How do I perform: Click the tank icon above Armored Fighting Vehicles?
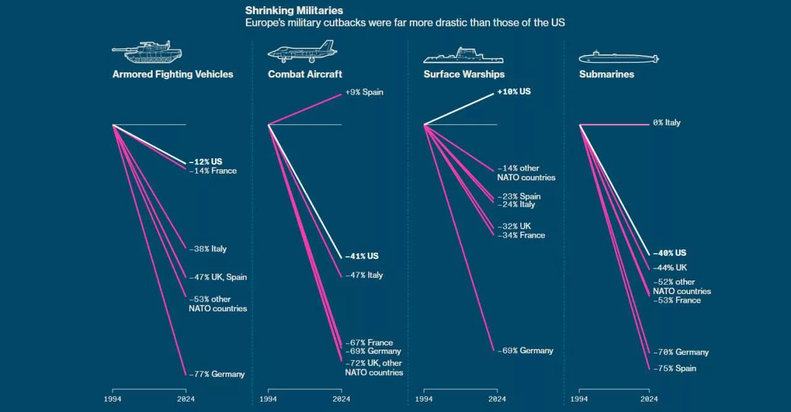pos(146,52)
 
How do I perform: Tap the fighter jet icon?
pos(302,52)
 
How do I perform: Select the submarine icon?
pos(619,57)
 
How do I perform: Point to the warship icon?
pos(463,56)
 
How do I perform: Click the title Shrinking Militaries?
pos(294,11)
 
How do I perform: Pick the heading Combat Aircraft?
pos(305,74)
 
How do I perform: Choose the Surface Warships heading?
pos(463,74)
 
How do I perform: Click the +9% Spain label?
pos(364,92)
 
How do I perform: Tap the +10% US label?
pos(514,91)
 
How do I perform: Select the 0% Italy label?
pos(667,122)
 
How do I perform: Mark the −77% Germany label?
pos(217,374)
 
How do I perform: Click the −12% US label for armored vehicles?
pos(205,161)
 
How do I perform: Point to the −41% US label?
pos(362,256)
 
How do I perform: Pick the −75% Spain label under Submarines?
pos(675,368)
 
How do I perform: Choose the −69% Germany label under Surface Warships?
pos(526,350)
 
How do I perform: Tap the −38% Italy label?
pos(208,249)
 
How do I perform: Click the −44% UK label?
pos(670,267)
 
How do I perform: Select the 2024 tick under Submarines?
pos(649,399)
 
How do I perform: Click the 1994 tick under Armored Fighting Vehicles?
pos(112,399)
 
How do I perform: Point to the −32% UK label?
pos(514,226)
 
